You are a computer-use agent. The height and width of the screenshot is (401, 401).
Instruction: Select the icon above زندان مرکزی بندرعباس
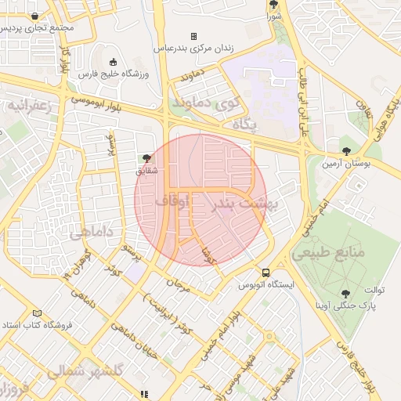[193, 36]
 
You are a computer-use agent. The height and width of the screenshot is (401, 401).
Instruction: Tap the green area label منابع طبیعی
[329, 253]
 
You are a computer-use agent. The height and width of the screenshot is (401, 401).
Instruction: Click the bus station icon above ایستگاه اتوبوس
[266, 273]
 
